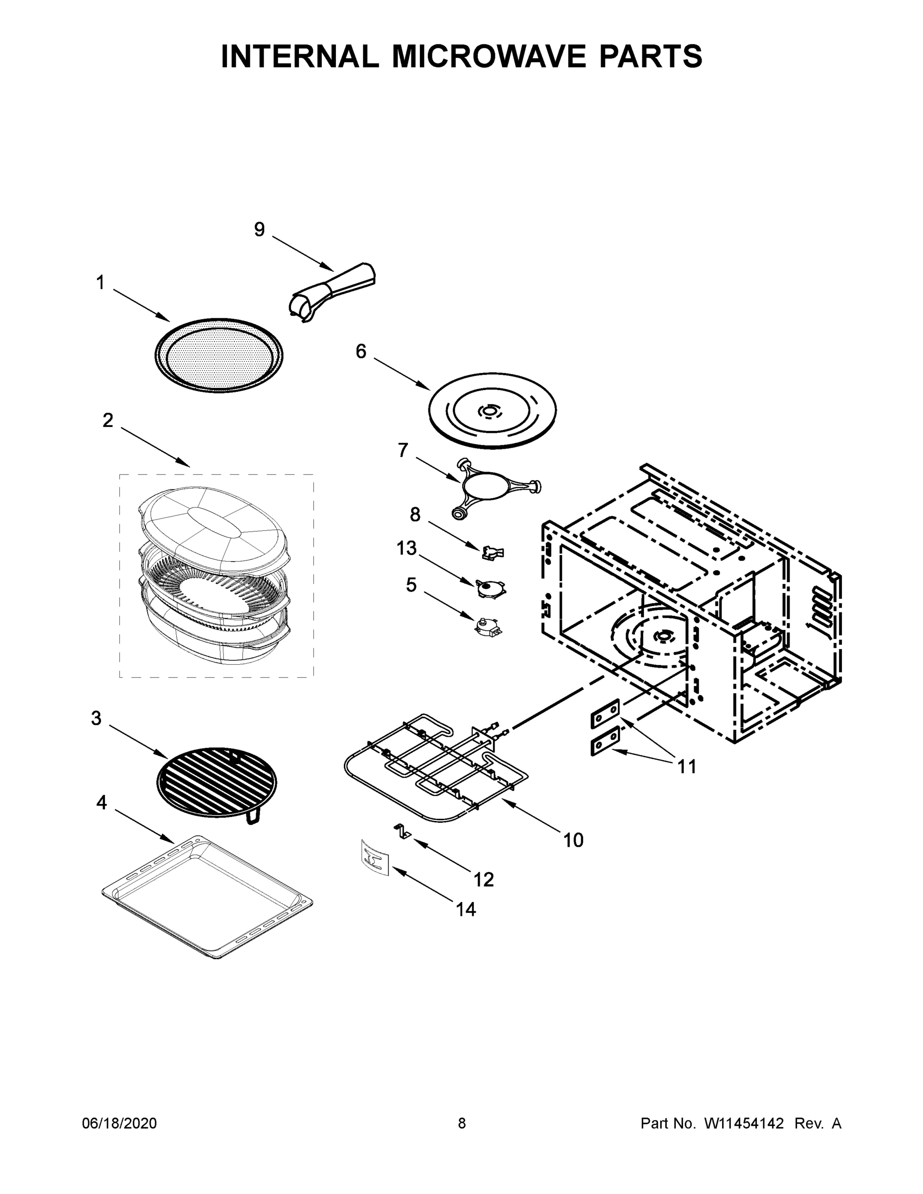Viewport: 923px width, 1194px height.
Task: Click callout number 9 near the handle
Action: (x=259, y=230)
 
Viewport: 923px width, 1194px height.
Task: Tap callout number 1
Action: (x=100, y=283)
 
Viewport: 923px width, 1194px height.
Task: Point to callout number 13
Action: (x=407, y=548)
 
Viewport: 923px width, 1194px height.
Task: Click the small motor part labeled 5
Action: (x=488, y=626)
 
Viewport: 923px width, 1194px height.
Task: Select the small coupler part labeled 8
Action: (x=493, y=553)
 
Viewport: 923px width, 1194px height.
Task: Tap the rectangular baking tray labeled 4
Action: (x=208, y=896)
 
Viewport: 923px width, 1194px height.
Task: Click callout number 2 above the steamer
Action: (x=107, y=420)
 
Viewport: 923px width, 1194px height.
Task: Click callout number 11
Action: (x=687, y=767)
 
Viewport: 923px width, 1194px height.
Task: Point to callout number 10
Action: (x=573, y=840)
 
